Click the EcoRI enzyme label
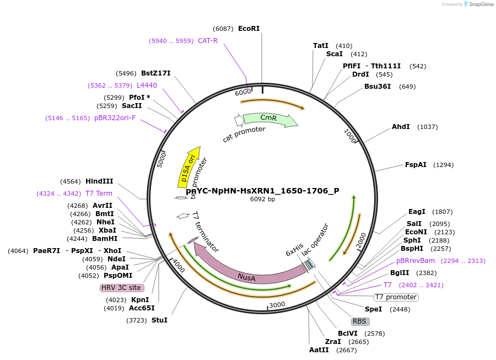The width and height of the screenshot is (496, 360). point(249,29)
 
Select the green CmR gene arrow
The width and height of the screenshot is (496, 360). point(269,119)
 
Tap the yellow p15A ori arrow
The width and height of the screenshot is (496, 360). point(188,165)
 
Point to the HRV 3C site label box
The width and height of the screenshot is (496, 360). point(121,288)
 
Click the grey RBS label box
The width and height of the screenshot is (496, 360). point(359,321)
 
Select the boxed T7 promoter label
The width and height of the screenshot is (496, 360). point(396,297)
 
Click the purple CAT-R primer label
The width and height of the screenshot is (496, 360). point(208,40)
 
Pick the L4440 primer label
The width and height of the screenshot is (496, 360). point(147,85)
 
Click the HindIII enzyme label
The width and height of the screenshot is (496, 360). point(99,181)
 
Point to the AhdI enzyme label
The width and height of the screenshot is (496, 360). point(401,127)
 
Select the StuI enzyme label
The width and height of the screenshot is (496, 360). point(159,320)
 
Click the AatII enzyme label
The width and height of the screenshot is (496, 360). point(319,350)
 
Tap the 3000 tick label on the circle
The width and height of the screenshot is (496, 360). point(277,304)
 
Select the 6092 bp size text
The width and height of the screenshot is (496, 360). point(262,199)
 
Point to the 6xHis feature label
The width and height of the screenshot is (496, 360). point(295,251)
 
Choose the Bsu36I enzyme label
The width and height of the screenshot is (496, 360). point(378,87)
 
